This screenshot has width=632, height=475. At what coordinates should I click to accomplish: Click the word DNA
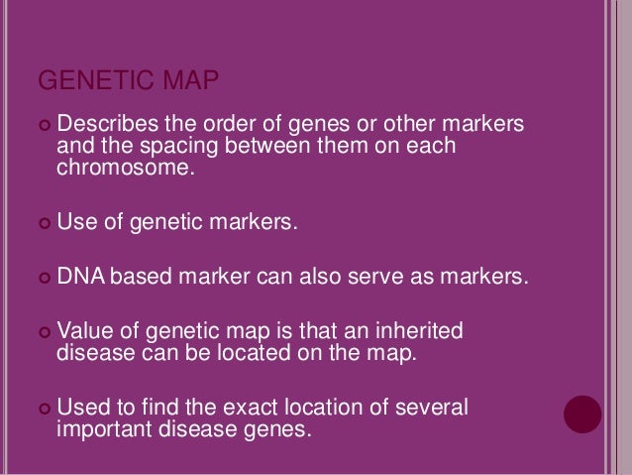click(79, 274)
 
